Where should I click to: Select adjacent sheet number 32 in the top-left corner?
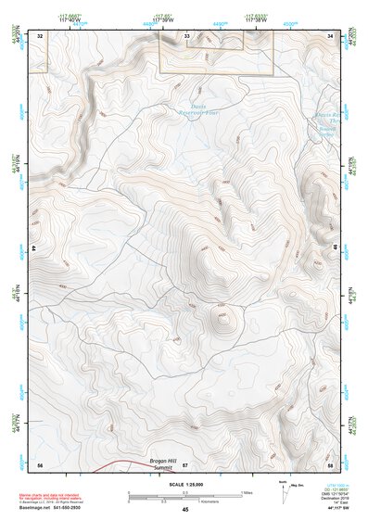click(40, 35)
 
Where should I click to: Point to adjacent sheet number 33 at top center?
click(186, 35)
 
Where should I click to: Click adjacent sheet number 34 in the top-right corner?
click(330, 35)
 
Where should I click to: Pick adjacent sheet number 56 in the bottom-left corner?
click(40, 463)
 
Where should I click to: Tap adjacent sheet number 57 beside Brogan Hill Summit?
click(185, 463)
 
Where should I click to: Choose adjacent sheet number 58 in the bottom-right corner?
click(330, 463)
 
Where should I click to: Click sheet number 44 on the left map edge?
click(34, 249)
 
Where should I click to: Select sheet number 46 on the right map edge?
click(335, 248)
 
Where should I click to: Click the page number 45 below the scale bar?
click(184, 510)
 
